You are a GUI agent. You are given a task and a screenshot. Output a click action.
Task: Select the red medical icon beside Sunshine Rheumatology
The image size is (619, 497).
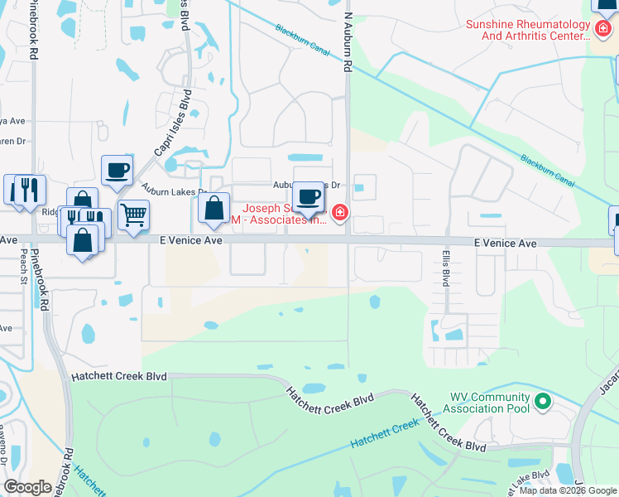(x=604, y=30)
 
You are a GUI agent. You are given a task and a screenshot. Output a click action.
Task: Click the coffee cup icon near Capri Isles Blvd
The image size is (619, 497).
(x=117, y=171)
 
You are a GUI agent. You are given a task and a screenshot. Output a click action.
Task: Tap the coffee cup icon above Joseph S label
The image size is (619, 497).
(x=309, y=197)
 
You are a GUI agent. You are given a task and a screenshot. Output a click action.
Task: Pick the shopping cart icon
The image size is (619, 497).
(x=132, y=215)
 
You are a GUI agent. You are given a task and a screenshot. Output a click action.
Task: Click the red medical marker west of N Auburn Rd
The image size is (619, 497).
(x=338, y=215)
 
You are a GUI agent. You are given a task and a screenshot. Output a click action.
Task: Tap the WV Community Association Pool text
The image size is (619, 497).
(x=489, y=403)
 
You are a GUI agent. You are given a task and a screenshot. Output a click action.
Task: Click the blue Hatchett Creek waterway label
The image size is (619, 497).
(x=385, y=434)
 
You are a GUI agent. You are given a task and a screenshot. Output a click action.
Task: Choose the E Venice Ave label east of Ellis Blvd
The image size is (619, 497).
(x=505, y=244)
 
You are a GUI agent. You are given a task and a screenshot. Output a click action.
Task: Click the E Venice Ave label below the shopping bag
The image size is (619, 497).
(x=191, y=240)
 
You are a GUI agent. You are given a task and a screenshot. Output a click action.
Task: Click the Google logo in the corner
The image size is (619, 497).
(x=28, y=487)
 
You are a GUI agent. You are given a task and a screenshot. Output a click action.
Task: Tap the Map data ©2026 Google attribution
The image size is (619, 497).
(x=568, y=490)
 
